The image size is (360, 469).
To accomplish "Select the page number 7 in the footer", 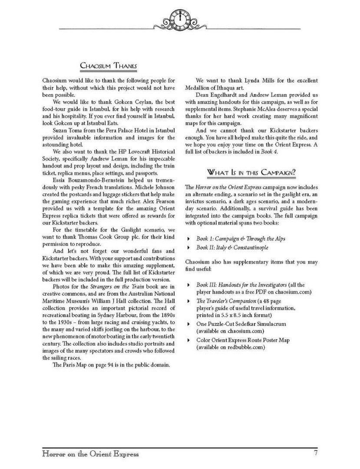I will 316,454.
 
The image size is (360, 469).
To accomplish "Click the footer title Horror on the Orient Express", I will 91,454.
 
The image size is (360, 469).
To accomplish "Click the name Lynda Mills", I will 249,81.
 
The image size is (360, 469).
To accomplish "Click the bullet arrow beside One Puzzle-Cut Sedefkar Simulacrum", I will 188,324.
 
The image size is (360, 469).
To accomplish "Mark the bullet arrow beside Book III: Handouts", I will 188,285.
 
